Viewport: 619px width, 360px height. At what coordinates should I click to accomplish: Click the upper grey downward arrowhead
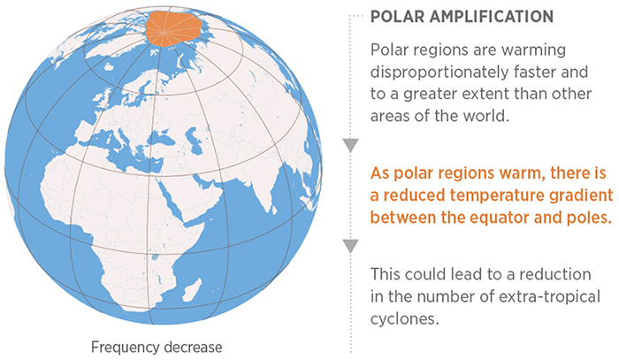click(x=351, y=146)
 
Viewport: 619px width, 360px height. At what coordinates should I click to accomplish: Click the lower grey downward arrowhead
click(x=351, y=245)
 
